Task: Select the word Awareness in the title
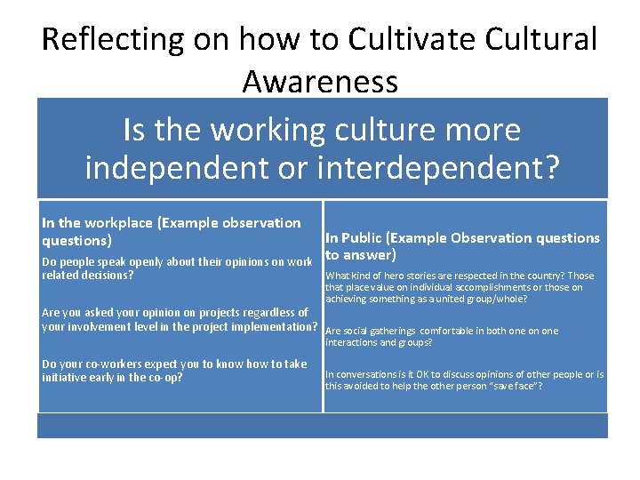320,82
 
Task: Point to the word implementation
273,326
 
